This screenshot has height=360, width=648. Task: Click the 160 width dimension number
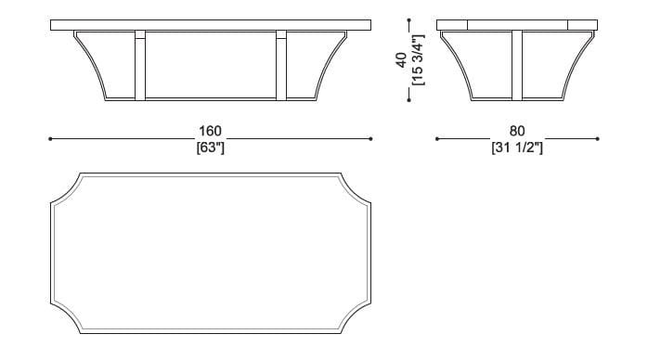pyautogui.click(x=211, y=133)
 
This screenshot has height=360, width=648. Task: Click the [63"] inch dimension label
pyautogui.click(x=211, y=147)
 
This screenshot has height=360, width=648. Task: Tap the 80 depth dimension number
pyautogui.click(x=517, y=133)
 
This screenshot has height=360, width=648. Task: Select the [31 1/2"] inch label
pyautogui.click(x=517, y=147)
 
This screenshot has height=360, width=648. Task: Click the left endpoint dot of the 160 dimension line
pyautogui.click(x=50, y=139)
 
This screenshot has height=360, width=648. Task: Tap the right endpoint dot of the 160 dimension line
pyautogui.click(x=371, y=139)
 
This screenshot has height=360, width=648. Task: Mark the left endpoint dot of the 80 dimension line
pyautogui.click(x=437, y=139)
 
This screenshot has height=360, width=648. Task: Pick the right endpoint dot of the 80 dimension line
pyautogui.click(x=599, y=139)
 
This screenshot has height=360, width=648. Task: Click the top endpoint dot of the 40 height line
pyautogui.click(x=408, y=19)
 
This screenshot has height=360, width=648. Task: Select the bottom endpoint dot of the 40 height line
pyautogui.click(x=408, y=101)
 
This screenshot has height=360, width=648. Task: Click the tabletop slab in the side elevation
pyautogui.click(x=517, y=25)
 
